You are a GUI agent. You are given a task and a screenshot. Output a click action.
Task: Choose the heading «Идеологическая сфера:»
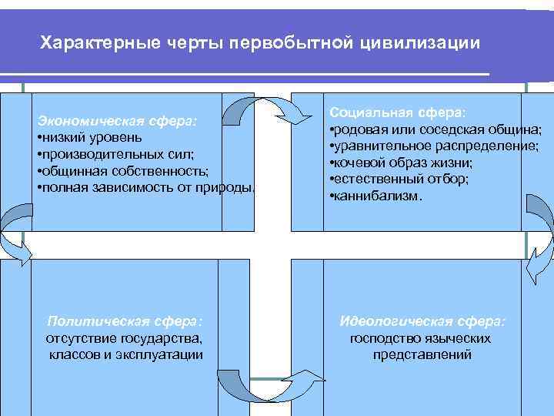pyautogui.click(x=422, y=321)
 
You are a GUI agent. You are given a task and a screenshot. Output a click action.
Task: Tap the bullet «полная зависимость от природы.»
pyautogui.click(x=146, y=187)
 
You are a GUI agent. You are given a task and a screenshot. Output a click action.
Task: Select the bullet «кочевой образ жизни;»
pyautogui.click(x=401, y=163)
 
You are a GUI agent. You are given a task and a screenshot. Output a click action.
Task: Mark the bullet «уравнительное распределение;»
pyautogui.click(x=434, y=146)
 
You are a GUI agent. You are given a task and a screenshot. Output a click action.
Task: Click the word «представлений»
pyautogui.click(x=422, y=355)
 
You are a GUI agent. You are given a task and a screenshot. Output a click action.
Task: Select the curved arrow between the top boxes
pyautogui.click(x=277, y=112)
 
